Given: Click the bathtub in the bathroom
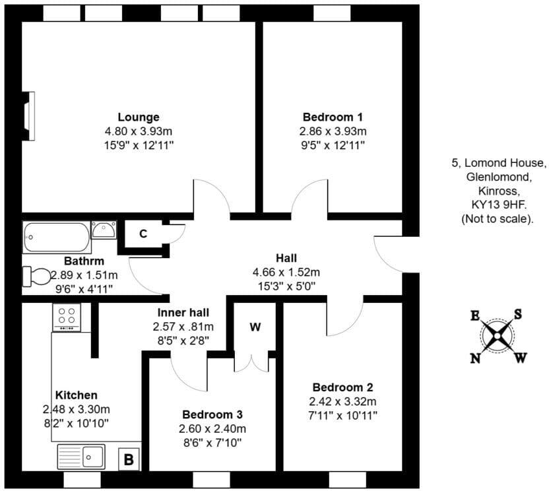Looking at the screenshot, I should point(55,238).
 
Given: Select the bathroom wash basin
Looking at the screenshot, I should point(104,230).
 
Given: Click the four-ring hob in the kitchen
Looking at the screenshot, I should point(66,317).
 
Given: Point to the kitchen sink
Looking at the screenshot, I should point(81,455).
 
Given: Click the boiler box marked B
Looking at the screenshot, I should point(129,459).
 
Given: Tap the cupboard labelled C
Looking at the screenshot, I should point(143,234).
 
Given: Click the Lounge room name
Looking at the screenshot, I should point(139,117).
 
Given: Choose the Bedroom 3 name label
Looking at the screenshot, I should point(212,414).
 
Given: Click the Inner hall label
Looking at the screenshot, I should point(183,313).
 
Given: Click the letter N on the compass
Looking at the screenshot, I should point(475,358).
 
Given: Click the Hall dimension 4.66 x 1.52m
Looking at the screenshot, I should point(286,272).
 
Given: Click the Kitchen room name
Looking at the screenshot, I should point(77,395).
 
